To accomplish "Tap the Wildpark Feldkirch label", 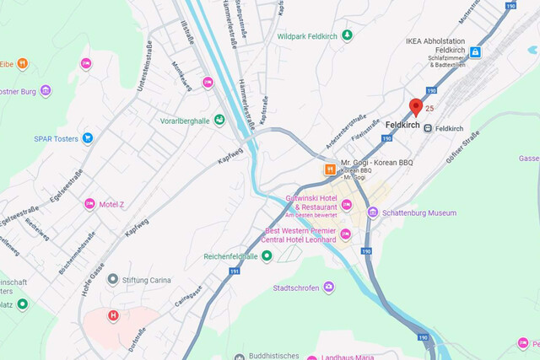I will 308,35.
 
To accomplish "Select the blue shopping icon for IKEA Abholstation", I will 475,52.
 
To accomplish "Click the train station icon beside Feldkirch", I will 429,128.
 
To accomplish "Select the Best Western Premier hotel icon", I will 346,234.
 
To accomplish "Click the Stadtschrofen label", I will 285,288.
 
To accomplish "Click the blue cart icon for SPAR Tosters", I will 87,138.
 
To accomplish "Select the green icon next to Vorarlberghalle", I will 219,121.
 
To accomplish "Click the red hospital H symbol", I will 113,316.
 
